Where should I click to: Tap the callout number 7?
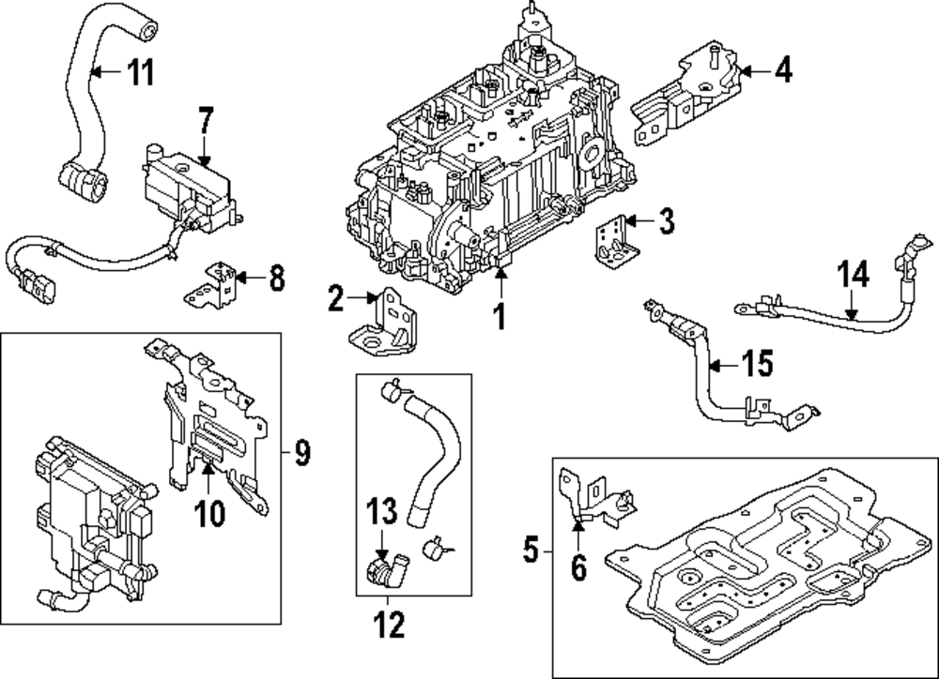coord(207,122)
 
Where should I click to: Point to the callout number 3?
coord(666,221)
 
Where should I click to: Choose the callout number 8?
coord(275,278)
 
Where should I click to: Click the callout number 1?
coord(500,316)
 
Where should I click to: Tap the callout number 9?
coord(301,454)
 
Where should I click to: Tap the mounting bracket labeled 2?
coord(385,324)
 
